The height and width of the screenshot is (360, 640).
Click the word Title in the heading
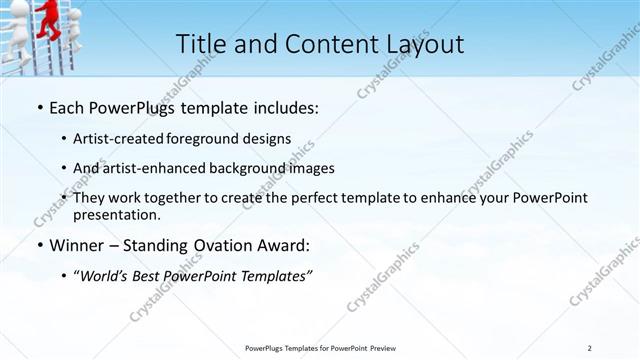point(200,44)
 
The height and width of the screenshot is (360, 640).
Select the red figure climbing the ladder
point(44,17)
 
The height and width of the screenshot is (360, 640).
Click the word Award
point(288,245)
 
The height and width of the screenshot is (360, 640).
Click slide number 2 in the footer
point(590,347)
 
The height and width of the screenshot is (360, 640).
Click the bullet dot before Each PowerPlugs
point(39,107)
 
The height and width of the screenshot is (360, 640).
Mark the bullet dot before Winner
point(39,245)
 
